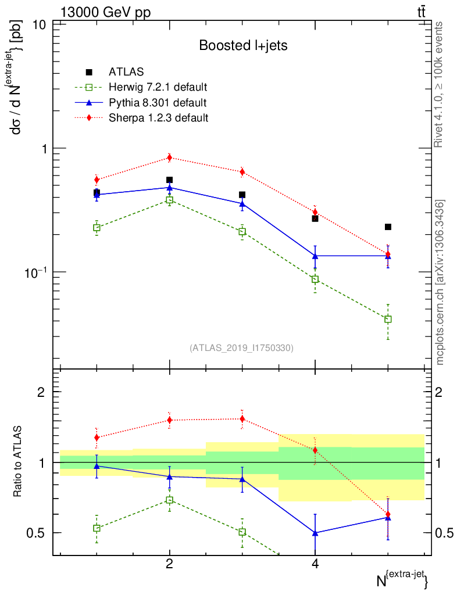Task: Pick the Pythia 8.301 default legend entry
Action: click(x=157, y=103)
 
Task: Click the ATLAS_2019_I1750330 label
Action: click(x=241, y=348)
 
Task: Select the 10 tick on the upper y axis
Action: click(x=40, y=25)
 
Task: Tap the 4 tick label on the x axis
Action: click(x=315, y=563)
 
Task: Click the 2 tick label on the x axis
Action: click(x=169, y=563)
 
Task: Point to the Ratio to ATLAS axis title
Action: click(x=19, y=461)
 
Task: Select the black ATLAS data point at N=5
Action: click(x=388, y=227)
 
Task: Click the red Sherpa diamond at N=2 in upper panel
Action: click(x=169, y=157)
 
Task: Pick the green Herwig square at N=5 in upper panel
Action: click(x=388, y=319)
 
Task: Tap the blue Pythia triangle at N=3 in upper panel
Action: click(x=242, y=203)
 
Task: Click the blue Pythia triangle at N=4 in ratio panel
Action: click(x=315, y=532)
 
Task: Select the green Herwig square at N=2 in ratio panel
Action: click(x=169, y=500)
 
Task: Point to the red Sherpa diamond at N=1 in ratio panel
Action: click(x=97, y=438)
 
